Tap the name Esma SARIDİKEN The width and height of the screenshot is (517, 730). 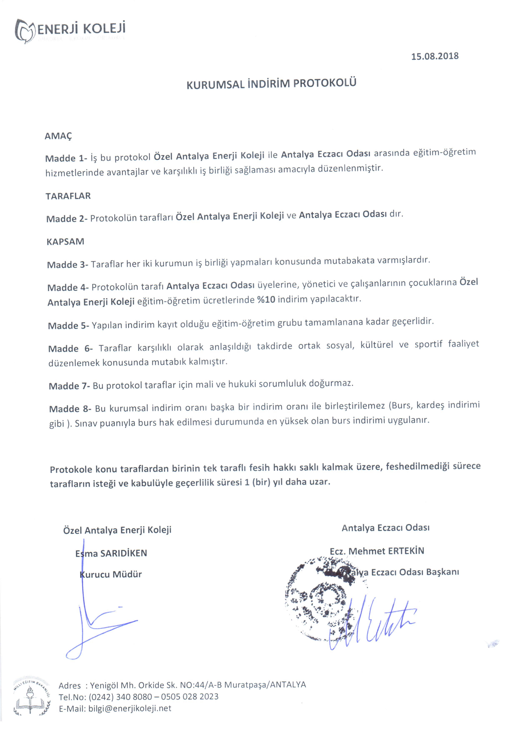click(111, 553)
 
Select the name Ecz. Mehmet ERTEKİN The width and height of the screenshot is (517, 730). click(377, 551)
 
